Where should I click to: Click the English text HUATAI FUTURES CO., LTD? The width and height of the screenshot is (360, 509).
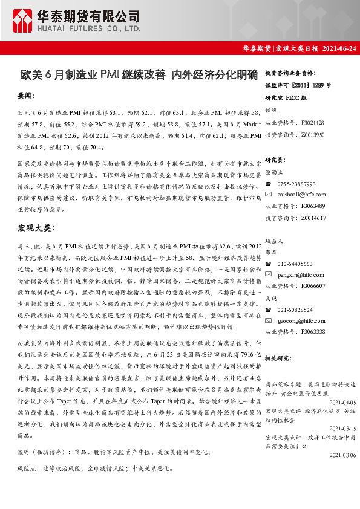pyautogui.click(x=90, y=28)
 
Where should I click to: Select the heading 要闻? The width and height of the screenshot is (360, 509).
pyautogui.click(x=27, y=96)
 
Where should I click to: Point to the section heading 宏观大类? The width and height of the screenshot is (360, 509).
pyautogui.click(x=36, y=228)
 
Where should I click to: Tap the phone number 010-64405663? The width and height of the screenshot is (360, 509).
pyautogui.click(x=295, y=264)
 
